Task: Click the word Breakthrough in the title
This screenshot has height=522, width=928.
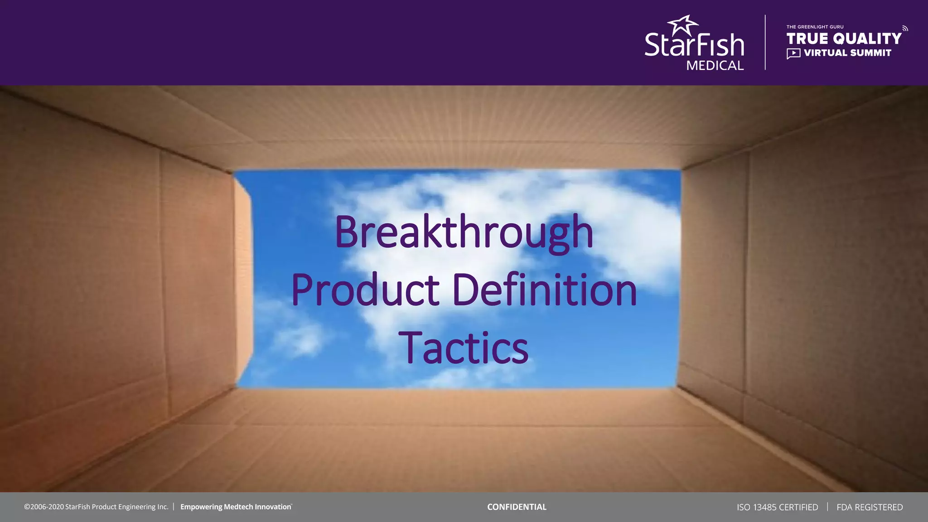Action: tap(464, 232)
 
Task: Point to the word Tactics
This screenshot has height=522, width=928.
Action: tap(463, 348)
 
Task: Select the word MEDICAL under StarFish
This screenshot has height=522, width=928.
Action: tap(715, 66)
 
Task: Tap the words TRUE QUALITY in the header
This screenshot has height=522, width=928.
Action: tap(844, 39)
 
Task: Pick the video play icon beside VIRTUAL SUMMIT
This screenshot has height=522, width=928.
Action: tap(793, 53)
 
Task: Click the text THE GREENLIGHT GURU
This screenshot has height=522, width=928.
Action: tap(815, 27)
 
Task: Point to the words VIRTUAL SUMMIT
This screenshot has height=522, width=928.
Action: tap(847, 53)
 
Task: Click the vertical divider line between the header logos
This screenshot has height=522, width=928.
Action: tap(765, 43)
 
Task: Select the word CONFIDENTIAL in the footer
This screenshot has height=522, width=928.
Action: tap(517, 507)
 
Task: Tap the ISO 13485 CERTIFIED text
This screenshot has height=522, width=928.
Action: tap(777, 507)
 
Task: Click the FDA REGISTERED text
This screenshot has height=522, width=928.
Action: tap(870, 507)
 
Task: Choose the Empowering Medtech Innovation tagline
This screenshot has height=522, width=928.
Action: tap(236, 507)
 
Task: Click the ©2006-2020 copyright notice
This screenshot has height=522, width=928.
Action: tap(96, 507)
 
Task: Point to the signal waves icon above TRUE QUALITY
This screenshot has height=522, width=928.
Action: tap(905, 29)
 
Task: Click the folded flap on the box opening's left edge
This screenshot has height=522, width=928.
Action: tap(244, 281)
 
